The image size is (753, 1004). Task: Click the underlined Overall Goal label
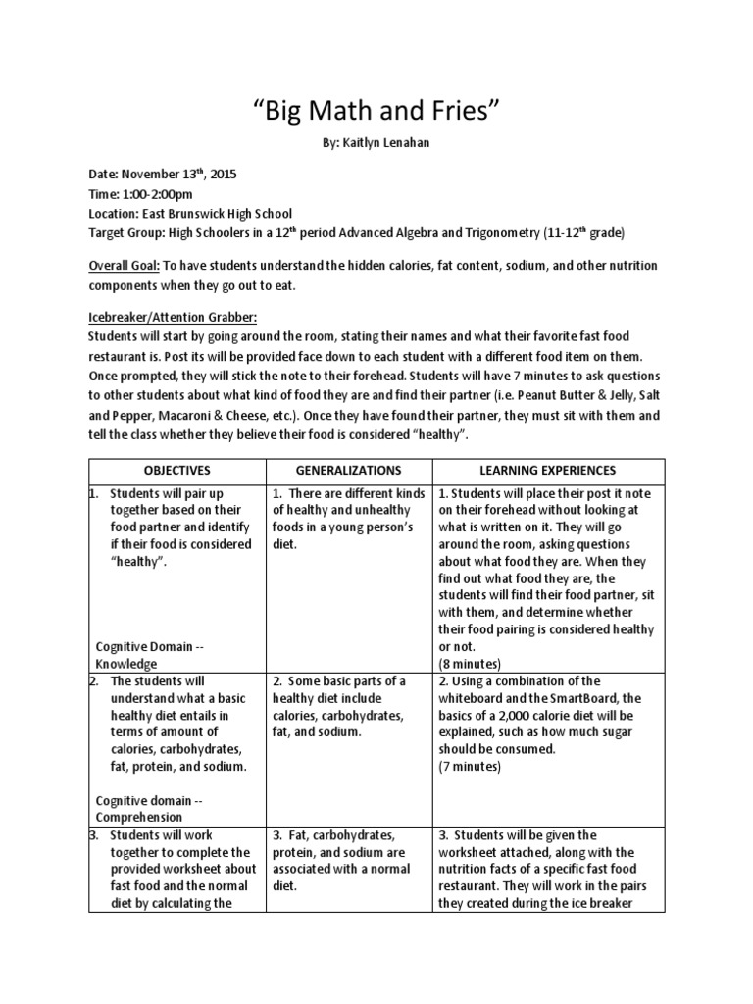point(125,266)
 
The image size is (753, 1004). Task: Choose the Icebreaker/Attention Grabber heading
point(174,318)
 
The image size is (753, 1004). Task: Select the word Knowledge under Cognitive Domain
point(126,664)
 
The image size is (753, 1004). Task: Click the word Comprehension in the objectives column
point(139,816)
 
